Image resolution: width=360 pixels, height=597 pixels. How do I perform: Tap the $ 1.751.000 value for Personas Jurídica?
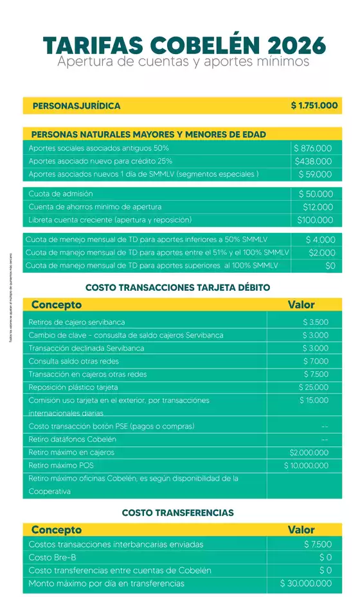click(314, 106)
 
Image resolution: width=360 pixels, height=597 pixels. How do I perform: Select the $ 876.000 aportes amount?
click(313, 148)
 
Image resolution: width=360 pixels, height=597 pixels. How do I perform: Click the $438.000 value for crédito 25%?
click(313, 161)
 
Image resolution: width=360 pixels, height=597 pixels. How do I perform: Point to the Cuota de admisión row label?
click(60, 194)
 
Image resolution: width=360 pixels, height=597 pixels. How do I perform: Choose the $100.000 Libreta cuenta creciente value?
click(315, 220)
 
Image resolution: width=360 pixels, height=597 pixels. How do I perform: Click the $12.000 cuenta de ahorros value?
click(318, 207)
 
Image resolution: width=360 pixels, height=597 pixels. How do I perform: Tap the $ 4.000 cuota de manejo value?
click(320, 239)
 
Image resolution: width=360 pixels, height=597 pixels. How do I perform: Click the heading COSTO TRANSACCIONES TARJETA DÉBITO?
click(177, 287)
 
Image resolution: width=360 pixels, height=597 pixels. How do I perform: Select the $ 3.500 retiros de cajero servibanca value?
click(315, 322)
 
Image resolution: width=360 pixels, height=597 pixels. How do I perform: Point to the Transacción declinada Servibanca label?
click(86, 348)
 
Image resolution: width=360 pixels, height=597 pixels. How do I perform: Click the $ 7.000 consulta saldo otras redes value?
click(315, 361)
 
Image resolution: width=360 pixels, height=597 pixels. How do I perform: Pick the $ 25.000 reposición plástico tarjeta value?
click(313, 387)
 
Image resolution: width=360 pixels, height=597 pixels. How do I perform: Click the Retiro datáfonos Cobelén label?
click(72, 439)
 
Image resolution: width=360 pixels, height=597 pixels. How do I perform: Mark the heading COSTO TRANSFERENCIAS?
click(177, 513)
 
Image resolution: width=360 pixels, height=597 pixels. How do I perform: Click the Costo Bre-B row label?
click(53, 557)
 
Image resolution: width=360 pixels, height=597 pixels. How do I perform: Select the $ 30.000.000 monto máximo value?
click(306, 583)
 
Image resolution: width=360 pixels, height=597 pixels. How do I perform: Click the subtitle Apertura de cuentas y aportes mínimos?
click(183, 62)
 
